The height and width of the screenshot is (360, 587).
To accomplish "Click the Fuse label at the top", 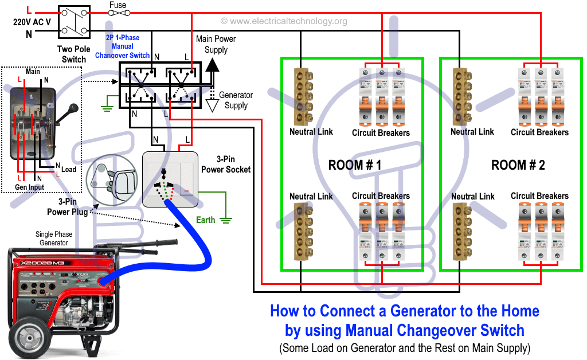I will click(x=118, y=5).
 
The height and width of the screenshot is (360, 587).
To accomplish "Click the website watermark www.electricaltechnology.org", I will click(x=284, y=21).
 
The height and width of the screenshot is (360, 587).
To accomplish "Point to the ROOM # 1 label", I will click(x=355, y=165).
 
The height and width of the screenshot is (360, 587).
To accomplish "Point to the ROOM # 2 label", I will click(x=518, y=165).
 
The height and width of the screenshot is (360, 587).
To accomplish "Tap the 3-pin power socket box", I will click(x=170, y=179).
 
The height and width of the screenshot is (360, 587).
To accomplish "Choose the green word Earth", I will click(x=206, y=220).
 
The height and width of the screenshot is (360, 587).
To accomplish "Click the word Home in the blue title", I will click(x=520, y=311).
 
